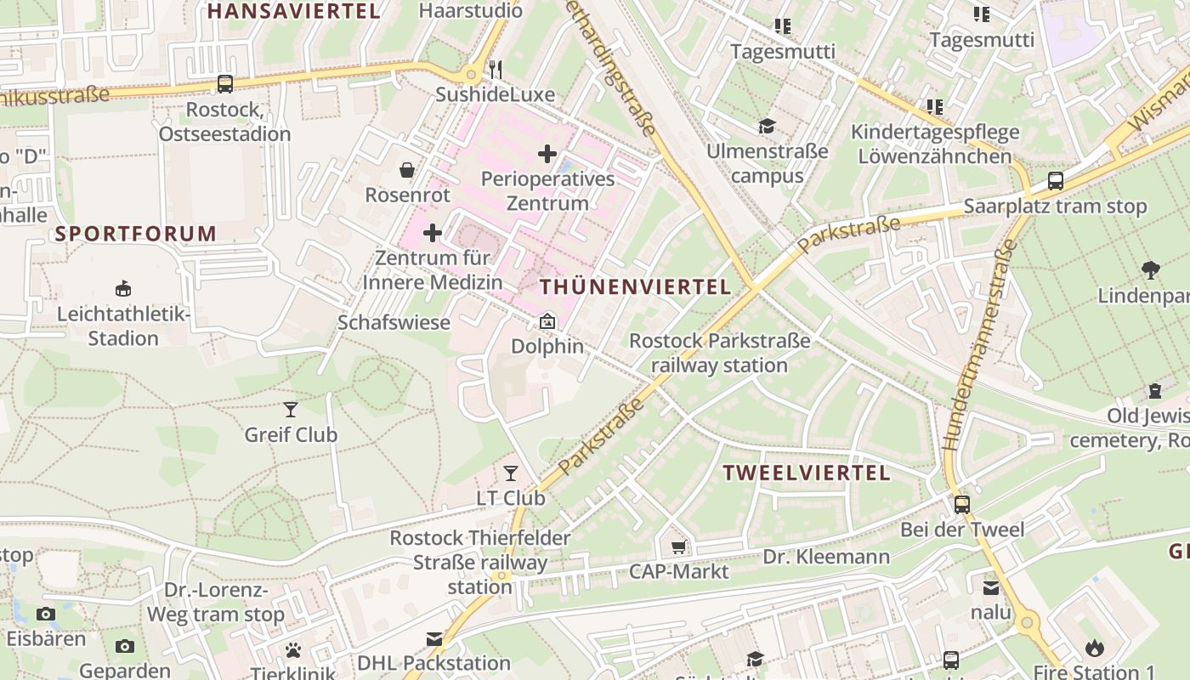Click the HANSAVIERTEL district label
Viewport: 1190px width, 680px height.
click(x=293, y=11)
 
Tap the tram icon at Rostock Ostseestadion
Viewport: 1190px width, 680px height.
click(x=224, y=84)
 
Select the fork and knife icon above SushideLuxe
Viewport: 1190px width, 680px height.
click(x=496, y=69)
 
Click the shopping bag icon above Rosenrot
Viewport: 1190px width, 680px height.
click(x=407, y=170)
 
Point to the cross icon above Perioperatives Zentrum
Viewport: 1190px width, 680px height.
click(x=547, y=154)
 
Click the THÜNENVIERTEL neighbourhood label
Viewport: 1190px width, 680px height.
click(x=635, y=287)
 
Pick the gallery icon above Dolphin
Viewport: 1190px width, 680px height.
click(x=547, y=321)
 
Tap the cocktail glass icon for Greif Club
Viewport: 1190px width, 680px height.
click(x=291, y=410)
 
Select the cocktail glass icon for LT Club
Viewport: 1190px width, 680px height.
click(x=511, y=473)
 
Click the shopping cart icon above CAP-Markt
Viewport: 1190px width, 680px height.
click(x=678, y=547)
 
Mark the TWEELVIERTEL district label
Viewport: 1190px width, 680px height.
click(x=806, y=473)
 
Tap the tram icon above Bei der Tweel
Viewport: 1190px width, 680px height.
click(x=962, y=504)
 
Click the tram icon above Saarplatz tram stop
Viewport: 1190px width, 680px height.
click(x=1055, y=181)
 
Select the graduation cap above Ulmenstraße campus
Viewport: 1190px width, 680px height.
click(x=768, y=127)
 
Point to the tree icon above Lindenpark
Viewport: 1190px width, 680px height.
click(x=1152, y=270)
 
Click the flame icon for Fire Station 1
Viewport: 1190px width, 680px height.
click(x=1095, y=648)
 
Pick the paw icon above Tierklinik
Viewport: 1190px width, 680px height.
click(x=293, y=650)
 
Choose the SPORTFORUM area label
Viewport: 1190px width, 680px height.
click(x=136, y=234)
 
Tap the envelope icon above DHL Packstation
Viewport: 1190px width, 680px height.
click(x=434, y=638)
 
